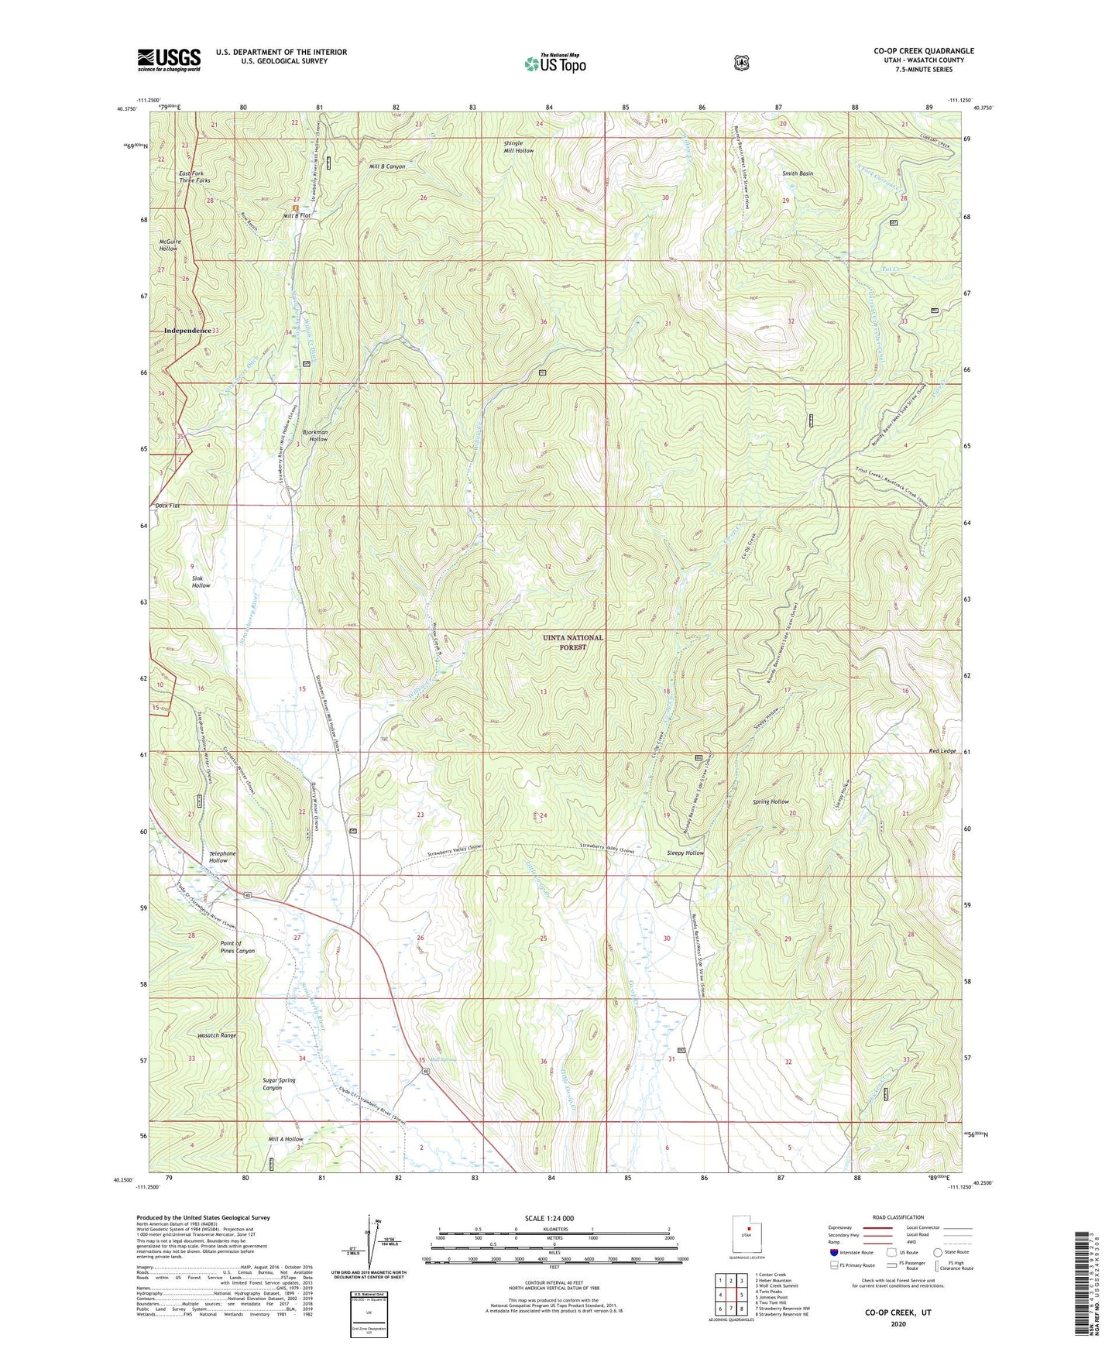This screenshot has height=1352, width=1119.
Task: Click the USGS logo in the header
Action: pyautogui.click(x=169, y=60)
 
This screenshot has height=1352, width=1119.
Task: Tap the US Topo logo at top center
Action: pyautogui.click(x=554, y=63)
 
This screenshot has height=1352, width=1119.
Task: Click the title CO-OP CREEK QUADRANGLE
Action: pyautogui.click(x=924, y=51)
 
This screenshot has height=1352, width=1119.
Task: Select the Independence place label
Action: pyautogui.click(x=187, y=331)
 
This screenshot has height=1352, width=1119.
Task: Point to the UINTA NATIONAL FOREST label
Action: pyautogui.click(x=572, y=642)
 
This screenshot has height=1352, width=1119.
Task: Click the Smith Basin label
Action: pyautogui.click(x=797, y=174)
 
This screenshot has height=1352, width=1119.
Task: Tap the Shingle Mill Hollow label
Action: pyautogui.click(x=519, y=147)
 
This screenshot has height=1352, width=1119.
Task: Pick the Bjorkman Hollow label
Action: pyautogui.click(x=314, y=435)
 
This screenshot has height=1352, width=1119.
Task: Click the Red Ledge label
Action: pyautogui.click(x=942, y=752)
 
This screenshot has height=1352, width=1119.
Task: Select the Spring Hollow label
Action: pyautogui.click(x=771, y=801)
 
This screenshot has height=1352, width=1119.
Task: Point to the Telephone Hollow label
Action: pyautogui.click(x=222, y=857)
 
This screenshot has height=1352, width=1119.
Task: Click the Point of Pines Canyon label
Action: pyautogui.click(x=237, y=947)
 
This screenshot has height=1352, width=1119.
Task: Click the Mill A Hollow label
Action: pyautogui.click(x=286, y=1139)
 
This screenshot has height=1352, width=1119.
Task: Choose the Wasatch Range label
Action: pyautogui.click(x=217, y=1035)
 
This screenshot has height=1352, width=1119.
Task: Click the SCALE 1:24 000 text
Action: pyautogui.click(x=549, y=1218)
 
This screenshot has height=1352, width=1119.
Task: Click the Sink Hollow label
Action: pyautogui.click(x=201, y=582)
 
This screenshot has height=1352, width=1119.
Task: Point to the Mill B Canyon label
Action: pyautogui.click(x=387, y=166)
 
